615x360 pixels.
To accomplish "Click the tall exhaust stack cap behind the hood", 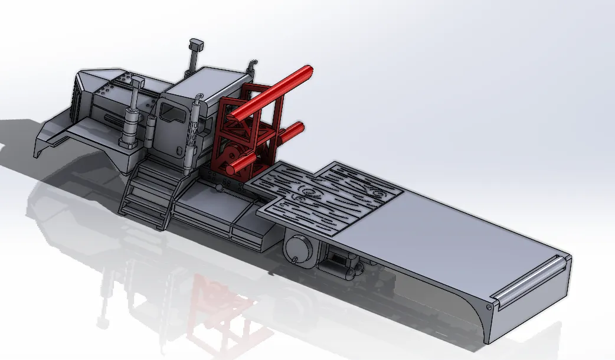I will (196, 45).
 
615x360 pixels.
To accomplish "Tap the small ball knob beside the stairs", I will (218, 188).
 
